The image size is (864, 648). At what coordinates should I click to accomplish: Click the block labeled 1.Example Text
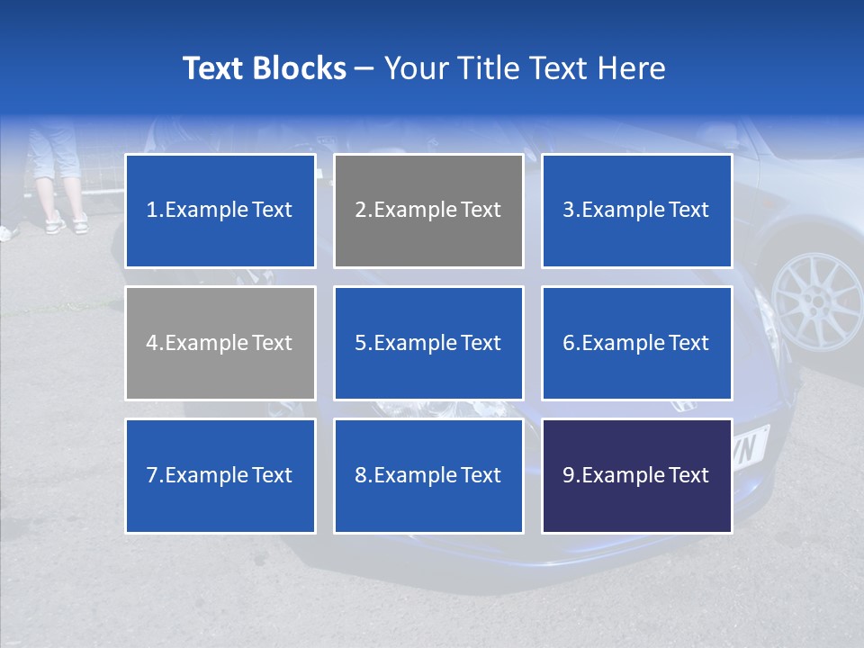click(220, 211)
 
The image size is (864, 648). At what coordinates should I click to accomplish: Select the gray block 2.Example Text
click(428, 211)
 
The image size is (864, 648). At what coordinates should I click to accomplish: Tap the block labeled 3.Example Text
click(636, 211)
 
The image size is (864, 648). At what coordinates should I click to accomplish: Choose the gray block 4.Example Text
click(220, 343)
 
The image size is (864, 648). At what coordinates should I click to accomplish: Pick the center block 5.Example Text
click(428, 343)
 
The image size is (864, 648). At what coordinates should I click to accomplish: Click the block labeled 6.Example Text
click(636, 343)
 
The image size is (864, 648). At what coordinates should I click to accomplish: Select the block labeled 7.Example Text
click(220, 475)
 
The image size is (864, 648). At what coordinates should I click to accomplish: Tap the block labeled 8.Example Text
click(428, 475)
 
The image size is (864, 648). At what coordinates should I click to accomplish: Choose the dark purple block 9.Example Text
click(636, 475)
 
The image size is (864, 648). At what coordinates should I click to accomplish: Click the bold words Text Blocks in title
click(264, 68)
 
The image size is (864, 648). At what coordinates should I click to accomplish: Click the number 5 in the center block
click(360, 343)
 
